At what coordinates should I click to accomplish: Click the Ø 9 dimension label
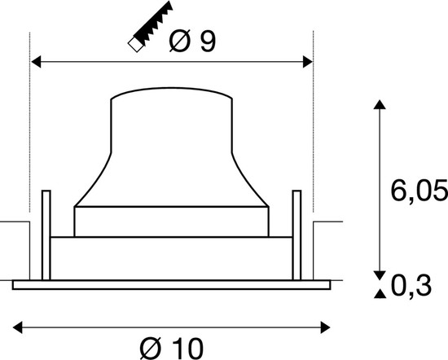click(x=193, y=42)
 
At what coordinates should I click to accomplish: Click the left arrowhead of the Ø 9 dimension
click(x=36, y=61)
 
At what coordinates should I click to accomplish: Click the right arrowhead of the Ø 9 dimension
click(x=307, y=61)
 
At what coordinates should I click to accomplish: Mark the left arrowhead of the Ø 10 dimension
click(x=20, y=327)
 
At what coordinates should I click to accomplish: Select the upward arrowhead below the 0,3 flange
click(x=379, y=294)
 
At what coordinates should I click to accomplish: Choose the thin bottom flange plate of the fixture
click(x=172, y=283)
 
